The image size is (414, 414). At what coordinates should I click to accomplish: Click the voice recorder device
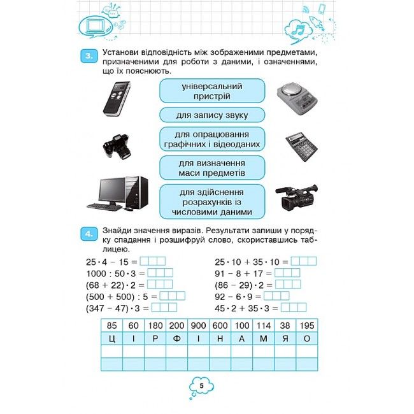117,99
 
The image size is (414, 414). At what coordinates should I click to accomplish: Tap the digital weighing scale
297,97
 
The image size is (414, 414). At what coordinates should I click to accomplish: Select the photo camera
117,146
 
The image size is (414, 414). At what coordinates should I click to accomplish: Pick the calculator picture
302,146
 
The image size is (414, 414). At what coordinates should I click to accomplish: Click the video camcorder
297,197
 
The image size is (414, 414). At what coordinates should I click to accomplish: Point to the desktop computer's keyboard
104,207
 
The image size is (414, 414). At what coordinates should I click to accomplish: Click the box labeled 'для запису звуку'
212,115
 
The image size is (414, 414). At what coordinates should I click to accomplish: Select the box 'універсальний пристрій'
212,91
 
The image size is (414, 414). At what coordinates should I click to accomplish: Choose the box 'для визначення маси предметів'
212,168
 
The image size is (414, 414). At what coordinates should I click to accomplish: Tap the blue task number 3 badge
89,56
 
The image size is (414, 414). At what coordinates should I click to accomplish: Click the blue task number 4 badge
89,234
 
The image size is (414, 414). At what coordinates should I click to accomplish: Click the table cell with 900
198,325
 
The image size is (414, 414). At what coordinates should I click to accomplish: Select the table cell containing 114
264,325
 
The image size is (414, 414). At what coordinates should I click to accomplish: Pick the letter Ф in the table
176,338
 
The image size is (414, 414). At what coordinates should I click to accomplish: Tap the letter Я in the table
285,338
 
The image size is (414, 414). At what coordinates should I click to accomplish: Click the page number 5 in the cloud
202,386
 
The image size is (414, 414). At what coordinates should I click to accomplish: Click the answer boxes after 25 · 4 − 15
153,261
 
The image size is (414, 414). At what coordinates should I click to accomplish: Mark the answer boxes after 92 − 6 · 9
276,296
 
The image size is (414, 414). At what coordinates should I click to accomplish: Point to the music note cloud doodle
299,29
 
